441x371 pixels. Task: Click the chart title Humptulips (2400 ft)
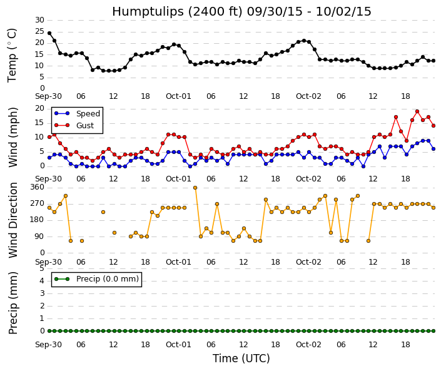pyautogui.click(x=177, y=12)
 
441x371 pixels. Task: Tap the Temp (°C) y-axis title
pyautogui.click(x=12, y=56)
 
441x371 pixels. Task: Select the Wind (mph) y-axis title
pyautogui.click(x=13, y=137)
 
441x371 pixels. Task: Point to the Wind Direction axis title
pyautogui.click(x=13, y=220)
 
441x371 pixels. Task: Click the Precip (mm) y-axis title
pyautogui.click(x=13, y=303)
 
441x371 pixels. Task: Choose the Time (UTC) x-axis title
pyautogui.click(x=241, y=358)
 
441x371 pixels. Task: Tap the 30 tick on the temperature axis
pyautogui.click(x=39, y=20)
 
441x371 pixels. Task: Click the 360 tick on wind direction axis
pyautogui.click(x=38, y=187)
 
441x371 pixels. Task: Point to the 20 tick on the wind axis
pyautogui.click(x=39, y=109)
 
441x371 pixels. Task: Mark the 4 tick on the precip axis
pyautogui.click(x=42, y=281)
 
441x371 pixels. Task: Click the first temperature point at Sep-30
pyautogui.click(x=49, y=33)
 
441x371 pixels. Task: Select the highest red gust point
pyautogui.click(x=417, y=111)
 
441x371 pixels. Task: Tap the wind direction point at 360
pyautogui.click(x=195, y=188)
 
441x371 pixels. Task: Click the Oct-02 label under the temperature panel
pyautogui.click(x=308, y=96)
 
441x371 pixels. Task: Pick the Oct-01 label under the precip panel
pyautogui.click(x=178, y=345)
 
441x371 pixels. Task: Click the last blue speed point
pyautogui.click(x=433, y=149)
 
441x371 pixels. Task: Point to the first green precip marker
pyautogui.click(x=49, y=331)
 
